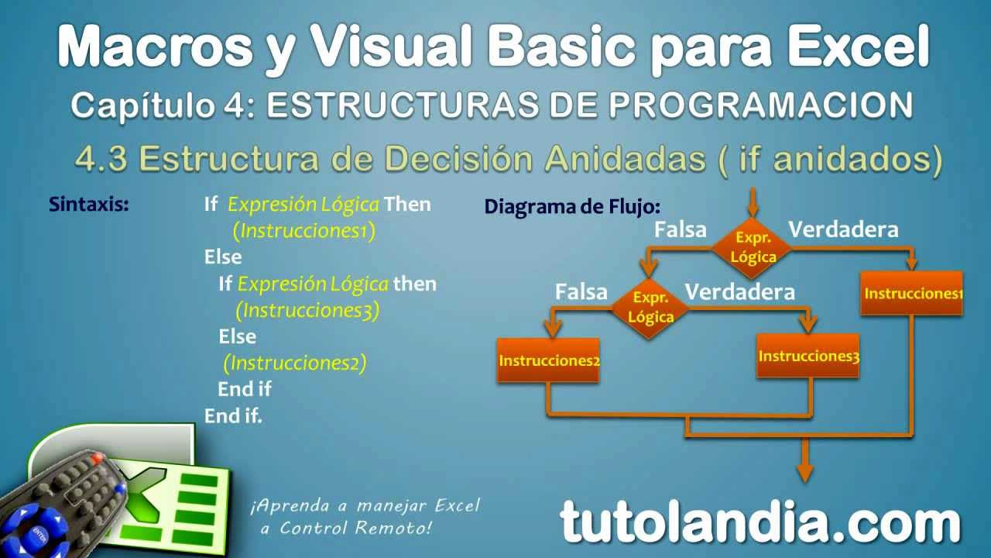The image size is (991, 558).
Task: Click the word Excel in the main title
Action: pos(859,46)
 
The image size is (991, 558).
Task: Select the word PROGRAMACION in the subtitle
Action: pos(761,105)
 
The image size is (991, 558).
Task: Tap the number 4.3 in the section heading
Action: pos(101,159)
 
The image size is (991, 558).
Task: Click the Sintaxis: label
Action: pos(89,204)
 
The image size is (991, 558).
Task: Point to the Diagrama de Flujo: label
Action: pos(572,206)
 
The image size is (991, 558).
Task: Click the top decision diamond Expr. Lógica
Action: pos(752,248)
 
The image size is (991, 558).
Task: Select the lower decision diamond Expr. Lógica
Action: pos(650,308)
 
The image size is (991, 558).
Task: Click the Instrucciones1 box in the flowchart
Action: pos(912,293)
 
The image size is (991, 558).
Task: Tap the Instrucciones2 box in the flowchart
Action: pos(549,360)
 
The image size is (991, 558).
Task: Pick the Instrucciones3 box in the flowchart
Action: pos(808,356)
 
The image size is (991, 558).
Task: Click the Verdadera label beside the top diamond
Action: pos(844,229)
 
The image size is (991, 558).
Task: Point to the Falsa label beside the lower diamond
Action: pos(581,292)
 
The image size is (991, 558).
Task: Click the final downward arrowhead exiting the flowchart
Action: pos(805,473)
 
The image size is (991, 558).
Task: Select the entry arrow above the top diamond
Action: pos(753,202)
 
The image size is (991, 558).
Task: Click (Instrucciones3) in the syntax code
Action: pos(307,310)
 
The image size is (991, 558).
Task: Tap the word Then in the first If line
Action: pos(407,204)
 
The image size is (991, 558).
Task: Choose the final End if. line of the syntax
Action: pos(233,416)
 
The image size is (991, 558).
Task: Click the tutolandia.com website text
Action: pos(760,523)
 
